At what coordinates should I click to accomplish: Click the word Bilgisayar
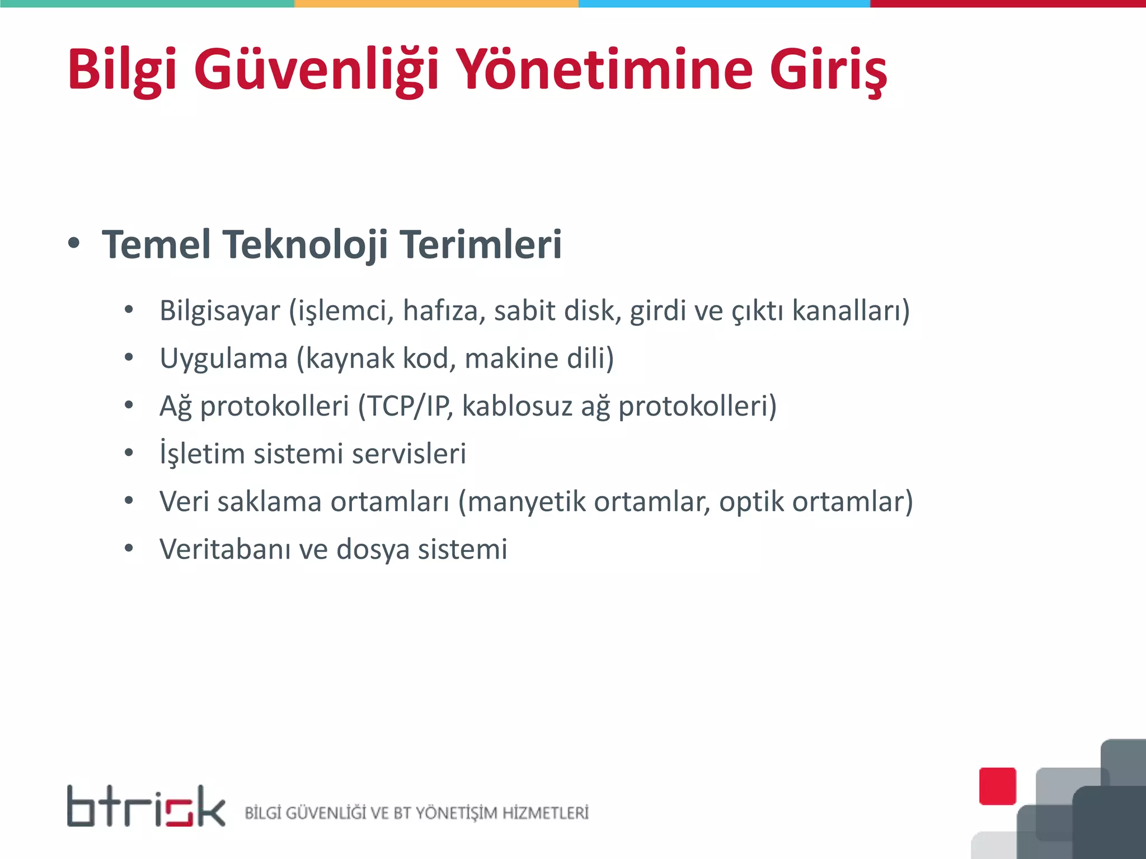pyautogui.click(x=219, y=311)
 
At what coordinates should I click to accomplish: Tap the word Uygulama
pyautogui.click(x=223, y=358)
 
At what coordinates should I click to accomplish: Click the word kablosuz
pyautogui.click(x=517, y=406)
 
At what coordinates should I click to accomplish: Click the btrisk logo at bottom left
pyautogui.click(x=146, y=806)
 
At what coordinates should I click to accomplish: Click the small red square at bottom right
pyautogui.click(x=998, y=786)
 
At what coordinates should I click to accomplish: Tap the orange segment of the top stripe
pyautogui.click(x=436, y=3)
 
